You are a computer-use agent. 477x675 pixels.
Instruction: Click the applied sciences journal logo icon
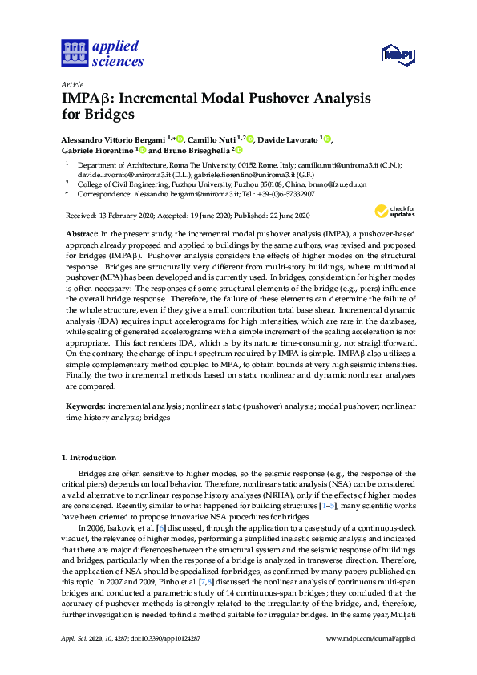pyautogui.click(x=73, y=54)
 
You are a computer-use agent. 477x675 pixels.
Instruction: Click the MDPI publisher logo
pyautogui.click(x=398, y=55)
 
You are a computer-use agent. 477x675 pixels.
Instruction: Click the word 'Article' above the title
pyautogui.click(x=71, y=84)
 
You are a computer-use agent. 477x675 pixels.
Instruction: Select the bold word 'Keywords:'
pyautogui.click(x=85, y=407)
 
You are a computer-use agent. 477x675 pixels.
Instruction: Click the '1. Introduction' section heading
pyautogui.click(x=89, y=457)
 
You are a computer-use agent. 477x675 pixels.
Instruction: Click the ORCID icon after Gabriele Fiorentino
pyautogui.click(x=143, y=150)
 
